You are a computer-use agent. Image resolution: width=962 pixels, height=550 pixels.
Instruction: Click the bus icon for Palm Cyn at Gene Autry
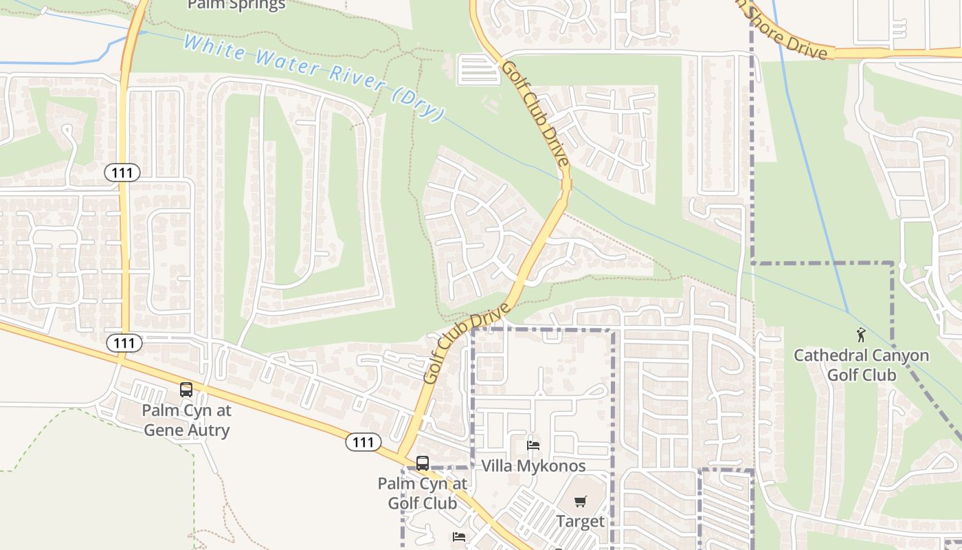pyautogui.click(x=186, y=390)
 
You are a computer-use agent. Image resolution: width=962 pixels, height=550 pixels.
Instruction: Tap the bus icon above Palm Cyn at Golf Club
pyautogui.click(x=423, y=463)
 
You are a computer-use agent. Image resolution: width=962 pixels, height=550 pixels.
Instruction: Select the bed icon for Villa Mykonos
pyautogui.click(x=533, y=445)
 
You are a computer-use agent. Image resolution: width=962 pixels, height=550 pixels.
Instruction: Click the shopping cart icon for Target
pyautogui.click(x=581, y=502)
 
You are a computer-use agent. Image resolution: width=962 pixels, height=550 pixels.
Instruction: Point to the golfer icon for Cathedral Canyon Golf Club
pyautogui.click(x=861, y=335)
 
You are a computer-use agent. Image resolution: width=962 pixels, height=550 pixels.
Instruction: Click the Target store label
pyautogui.click(x=581, y=521)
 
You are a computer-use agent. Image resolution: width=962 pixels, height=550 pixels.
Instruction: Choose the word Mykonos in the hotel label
pyautogui.click(x=553, y=466)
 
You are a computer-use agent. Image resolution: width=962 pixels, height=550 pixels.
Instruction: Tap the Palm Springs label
pyautogui.click(x=236, y=5)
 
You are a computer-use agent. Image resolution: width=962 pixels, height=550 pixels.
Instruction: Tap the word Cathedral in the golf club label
pyautogui.click(x=827, y=356)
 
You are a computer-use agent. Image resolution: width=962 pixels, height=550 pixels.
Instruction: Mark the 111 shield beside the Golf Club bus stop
pyautogui.click(x=363, y=443)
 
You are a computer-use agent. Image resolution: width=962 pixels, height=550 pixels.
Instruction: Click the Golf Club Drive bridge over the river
pyautogui.click(x=566, y=184)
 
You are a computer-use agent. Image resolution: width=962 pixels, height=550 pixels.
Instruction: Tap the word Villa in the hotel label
pyautogui.click(x=497, y=466)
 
